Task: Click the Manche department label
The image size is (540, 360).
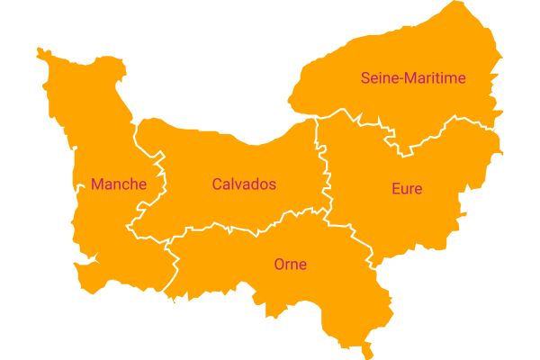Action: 118,184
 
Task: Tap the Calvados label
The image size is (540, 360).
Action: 244,184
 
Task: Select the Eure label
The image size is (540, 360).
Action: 407,189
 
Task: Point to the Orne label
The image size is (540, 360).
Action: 290,265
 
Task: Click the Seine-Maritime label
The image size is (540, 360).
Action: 413,78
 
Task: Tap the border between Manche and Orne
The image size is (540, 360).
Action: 173,265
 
